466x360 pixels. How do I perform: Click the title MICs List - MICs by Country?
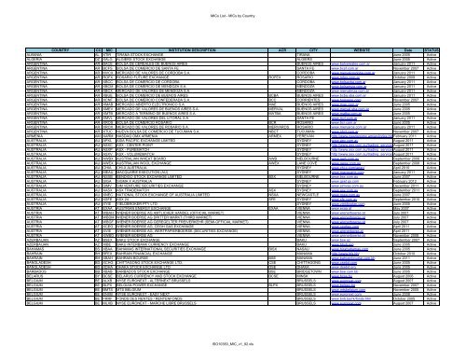click(232, 8)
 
